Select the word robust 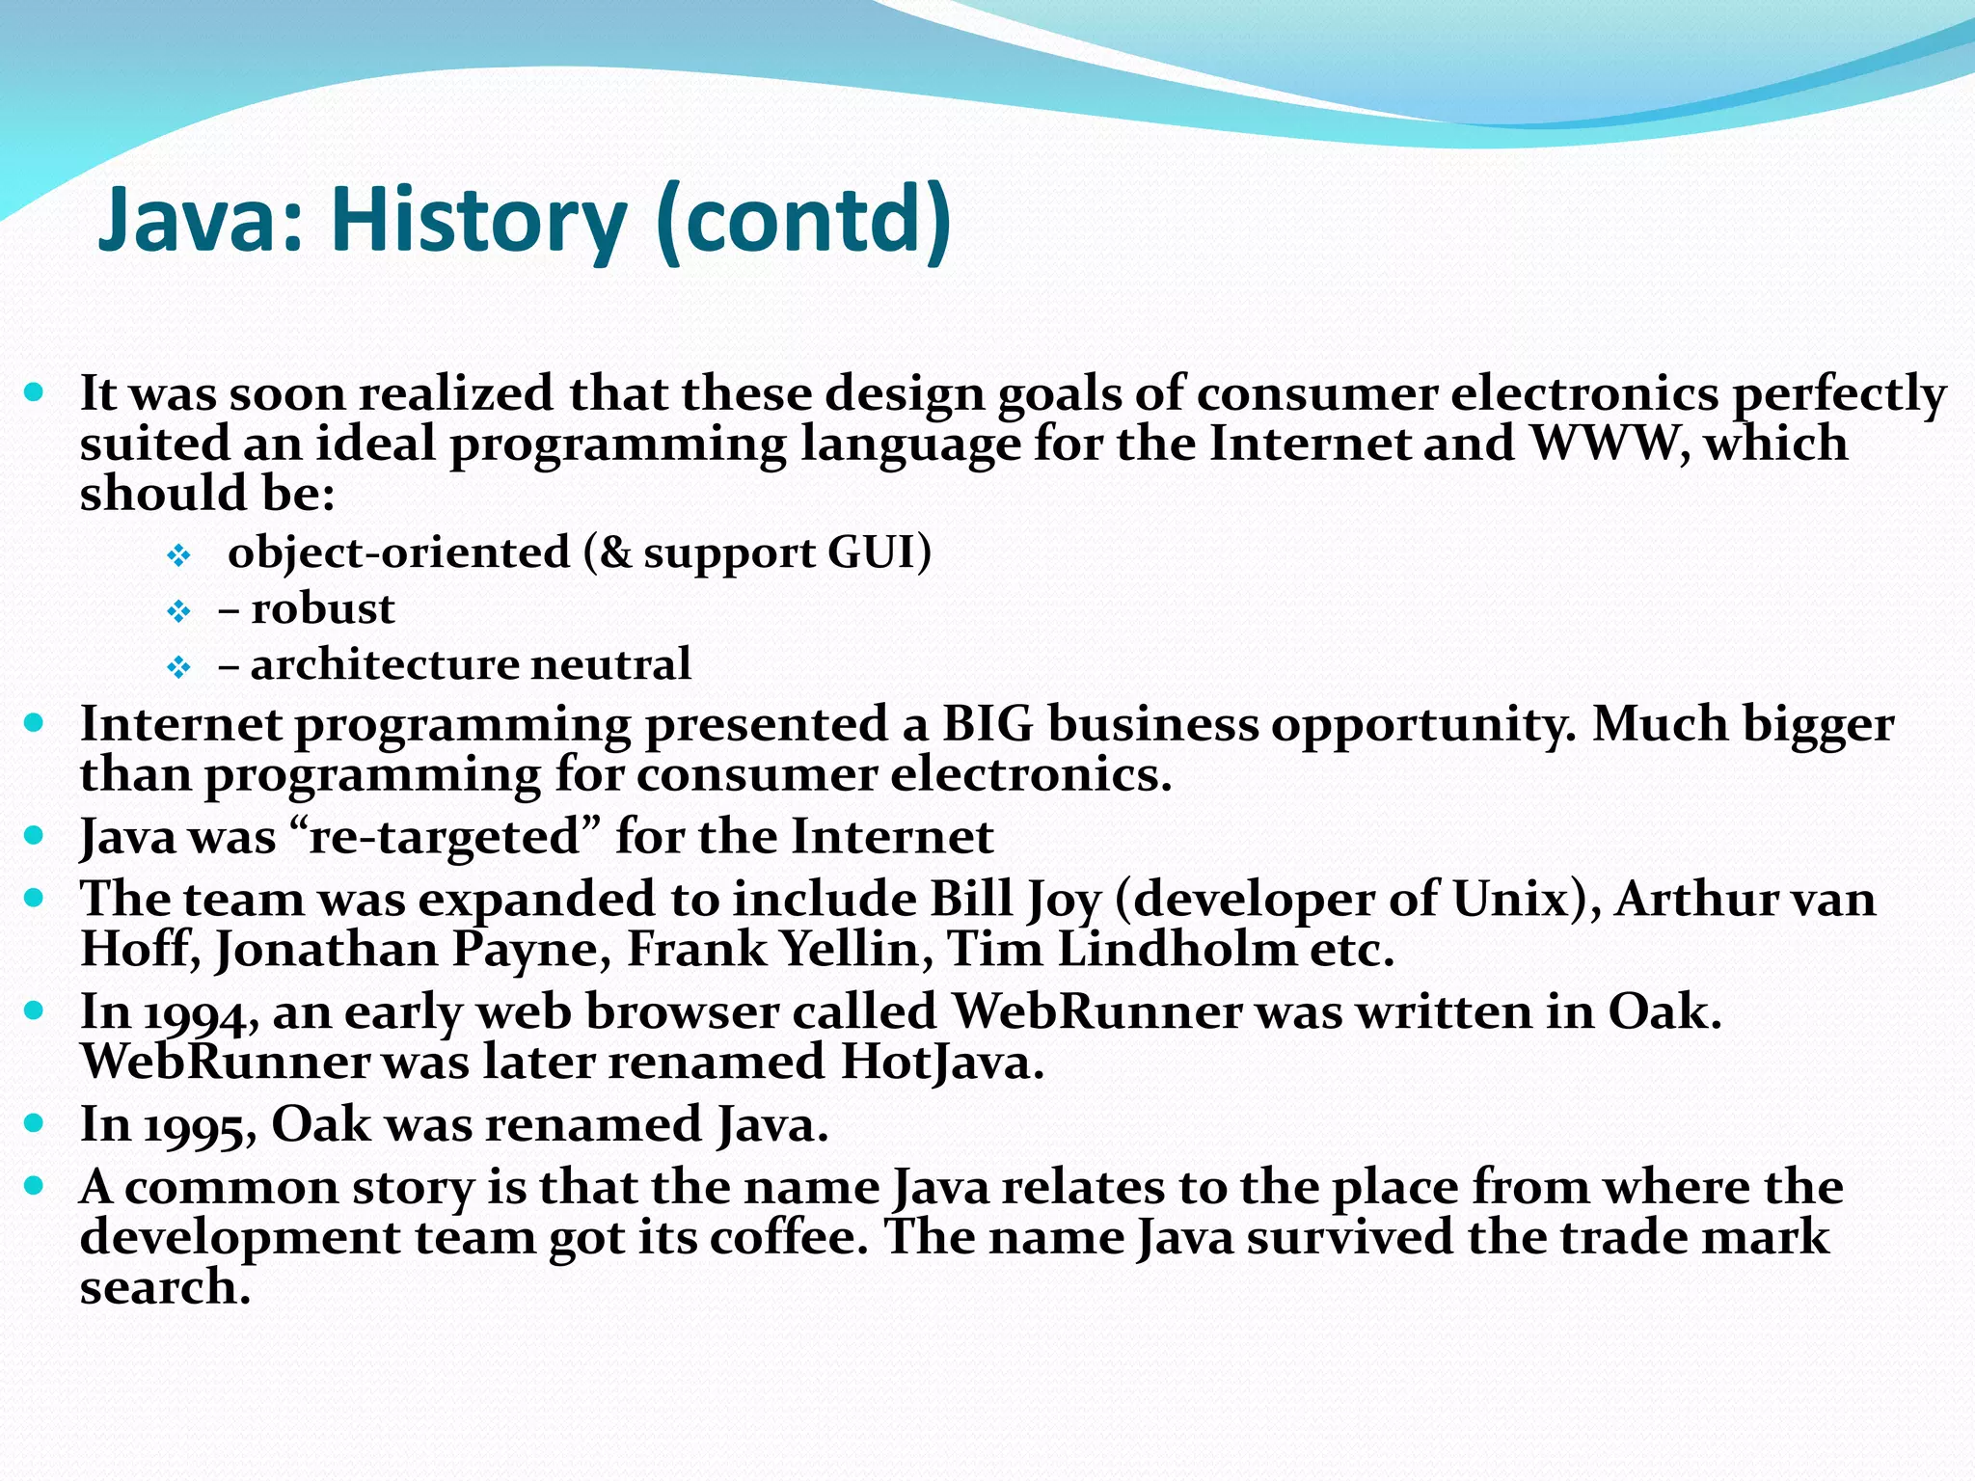(x=323, y=609)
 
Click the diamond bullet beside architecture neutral (x=179, y=667)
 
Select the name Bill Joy (x=1015, y=900)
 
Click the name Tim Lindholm (x=1120, y=950)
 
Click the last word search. (x=165, y=1288)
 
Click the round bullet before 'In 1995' (x=35, y=1122)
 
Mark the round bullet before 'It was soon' (x=35, y=392)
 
